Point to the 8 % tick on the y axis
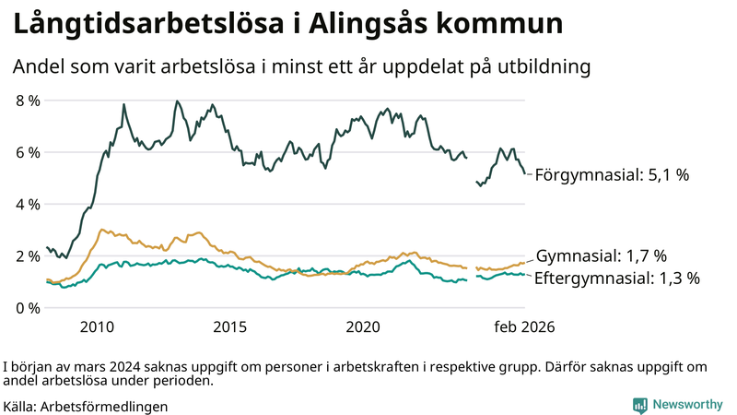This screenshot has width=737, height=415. (x=28, y=101)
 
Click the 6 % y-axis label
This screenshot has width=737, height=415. (x=28, y=152)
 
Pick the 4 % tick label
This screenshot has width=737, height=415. (x=28, y=204)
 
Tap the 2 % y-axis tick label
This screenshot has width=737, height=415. (x=28, y=255)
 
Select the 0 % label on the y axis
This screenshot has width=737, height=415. (x=28, y=307)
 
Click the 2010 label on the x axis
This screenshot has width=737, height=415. (x=98, y=326)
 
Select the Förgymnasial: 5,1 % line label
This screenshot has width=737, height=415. (x=612, y=174)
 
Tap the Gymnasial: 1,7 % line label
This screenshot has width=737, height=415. (x=601, y=255)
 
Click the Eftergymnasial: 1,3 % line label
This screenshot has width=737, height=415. (x=617, y=277)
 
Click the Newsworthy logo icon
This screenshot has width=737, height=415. (x=639, y=405)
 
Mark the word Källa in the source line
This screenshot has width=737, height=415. (x=20, y=406)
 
